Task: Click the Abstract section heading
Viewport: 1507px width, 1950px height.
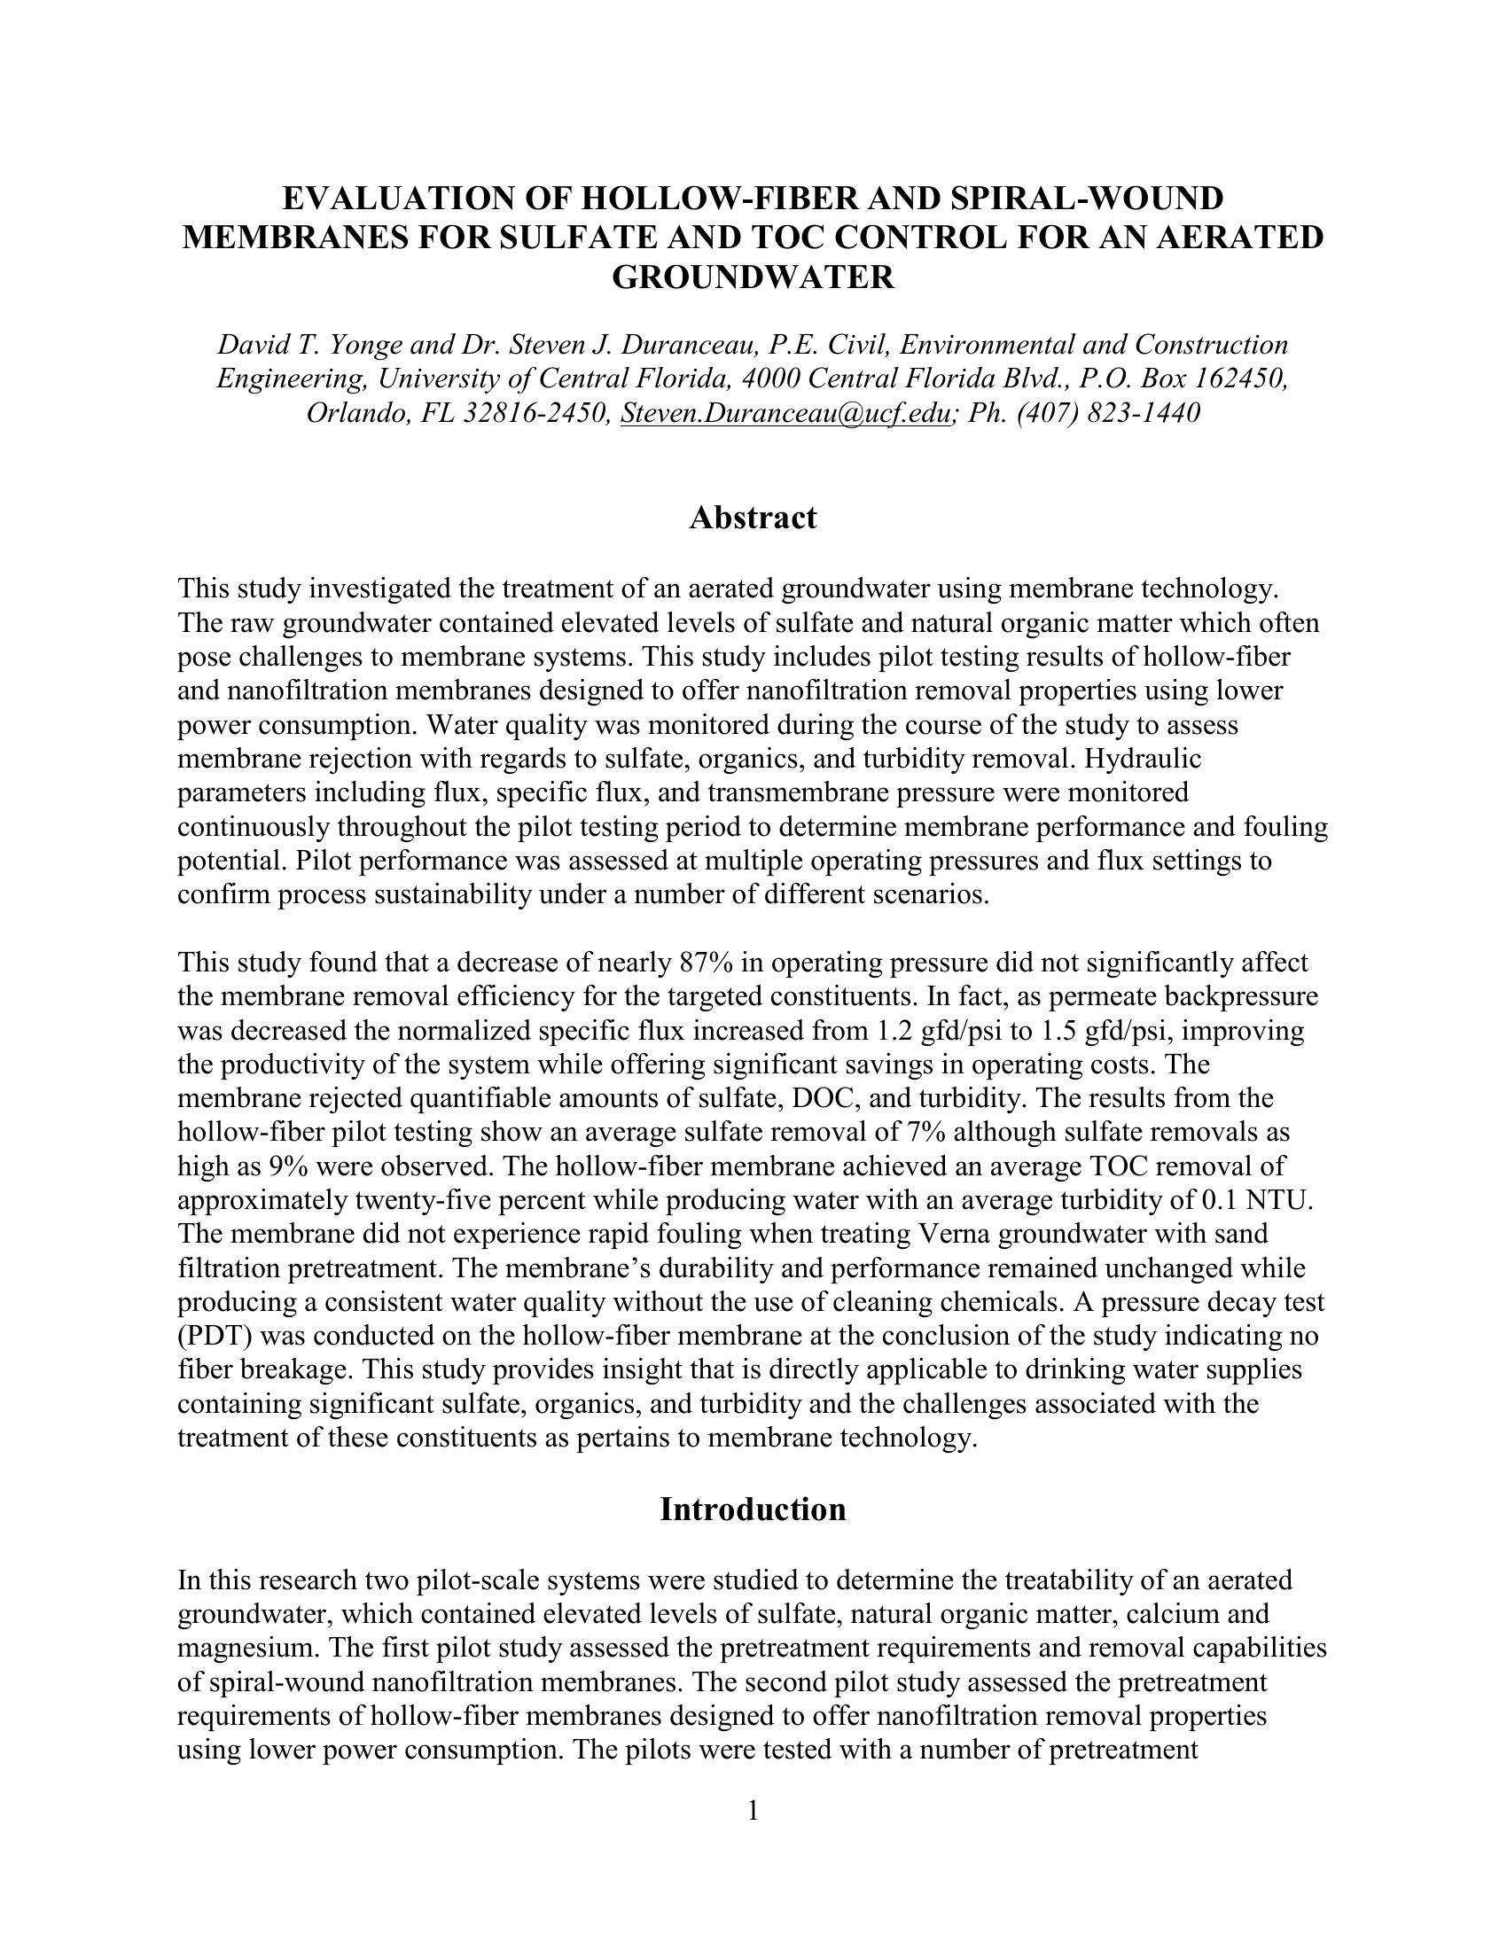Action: click(x=753, y=518)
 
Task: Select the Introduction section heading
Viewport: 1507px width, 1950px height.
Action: click(x=753, y=1509)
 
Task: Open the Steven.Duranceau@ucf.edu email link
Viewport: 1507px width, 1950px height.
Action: click(x=785, y=413)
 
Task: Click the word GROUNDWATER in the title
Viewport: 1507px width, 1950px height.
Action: click(x=753, y=277)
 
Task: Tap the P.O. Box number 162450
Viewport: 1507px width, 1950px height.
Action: click(x=1240, y=378)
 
